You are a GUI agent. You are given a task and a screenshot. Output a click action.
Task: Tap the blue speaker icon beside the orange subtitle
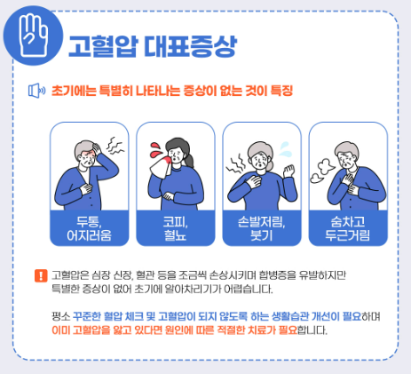[x=36, y=90]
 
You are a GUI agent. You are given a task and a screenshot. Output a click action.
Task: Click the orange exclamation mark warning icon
[x=39, y=276]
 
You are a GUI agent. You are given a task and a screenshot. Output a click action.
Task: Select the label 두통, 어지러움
[x=87, y=228]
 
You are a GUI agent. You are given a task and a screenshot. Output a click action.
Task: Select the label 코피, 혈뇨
[x=175, y=228]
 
